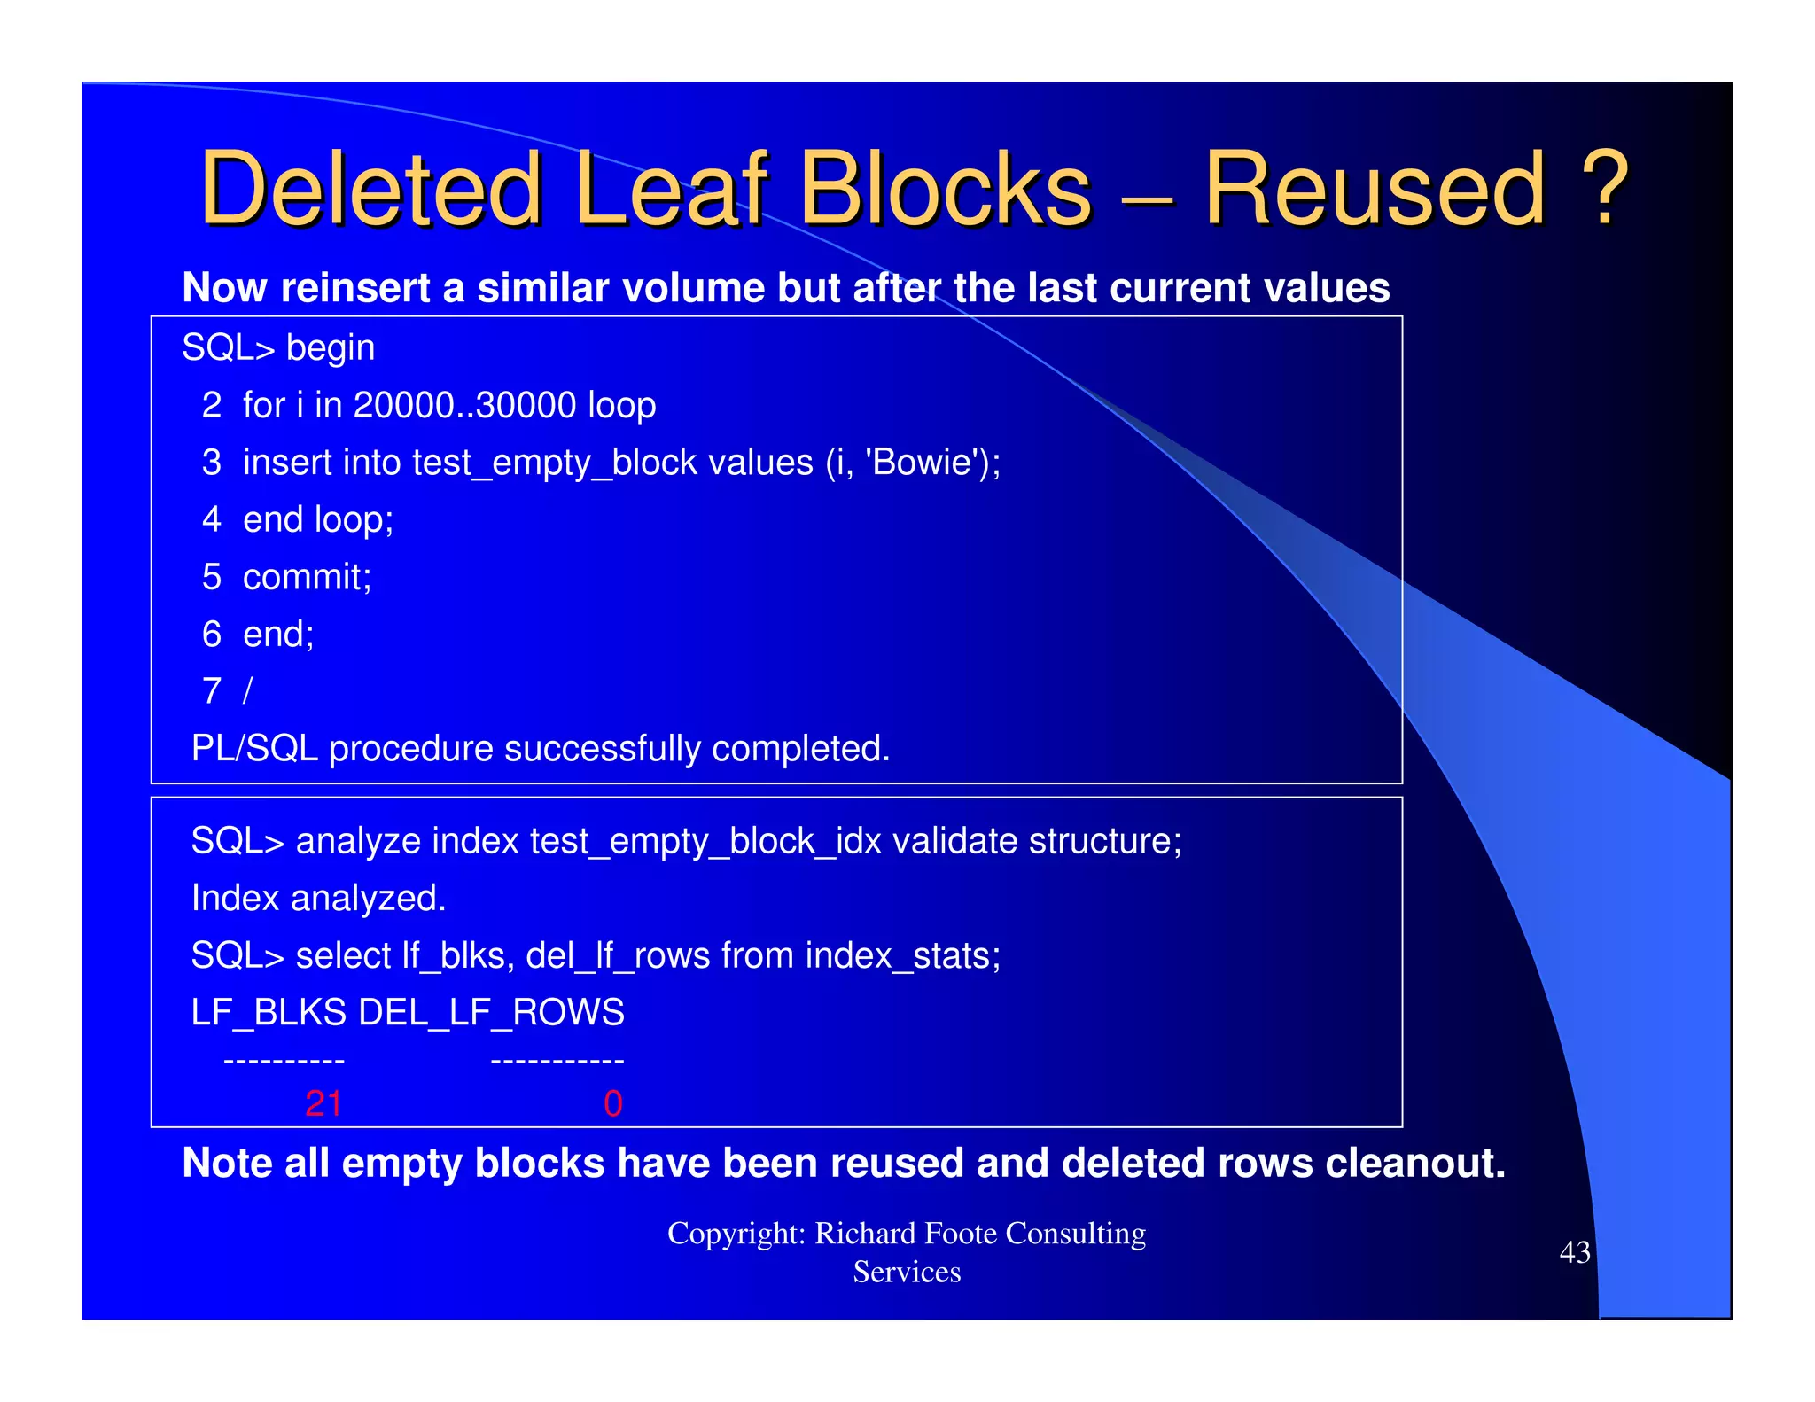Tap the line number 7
tap(211, 691)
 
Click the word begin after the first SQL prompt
tap(330, 348)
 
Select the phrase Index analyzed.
tap(318, 899)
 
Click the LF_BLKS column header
tap(269, 1013)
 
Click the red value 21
tap(323, 1104)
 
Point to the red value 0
tap(612, 1104)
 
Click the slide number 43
tap(1574, 1252)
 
